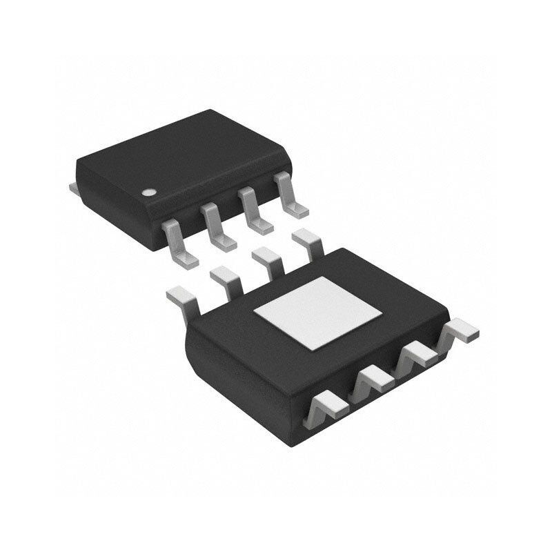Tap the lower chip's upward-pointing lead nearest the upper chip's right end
pos(308,244)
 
